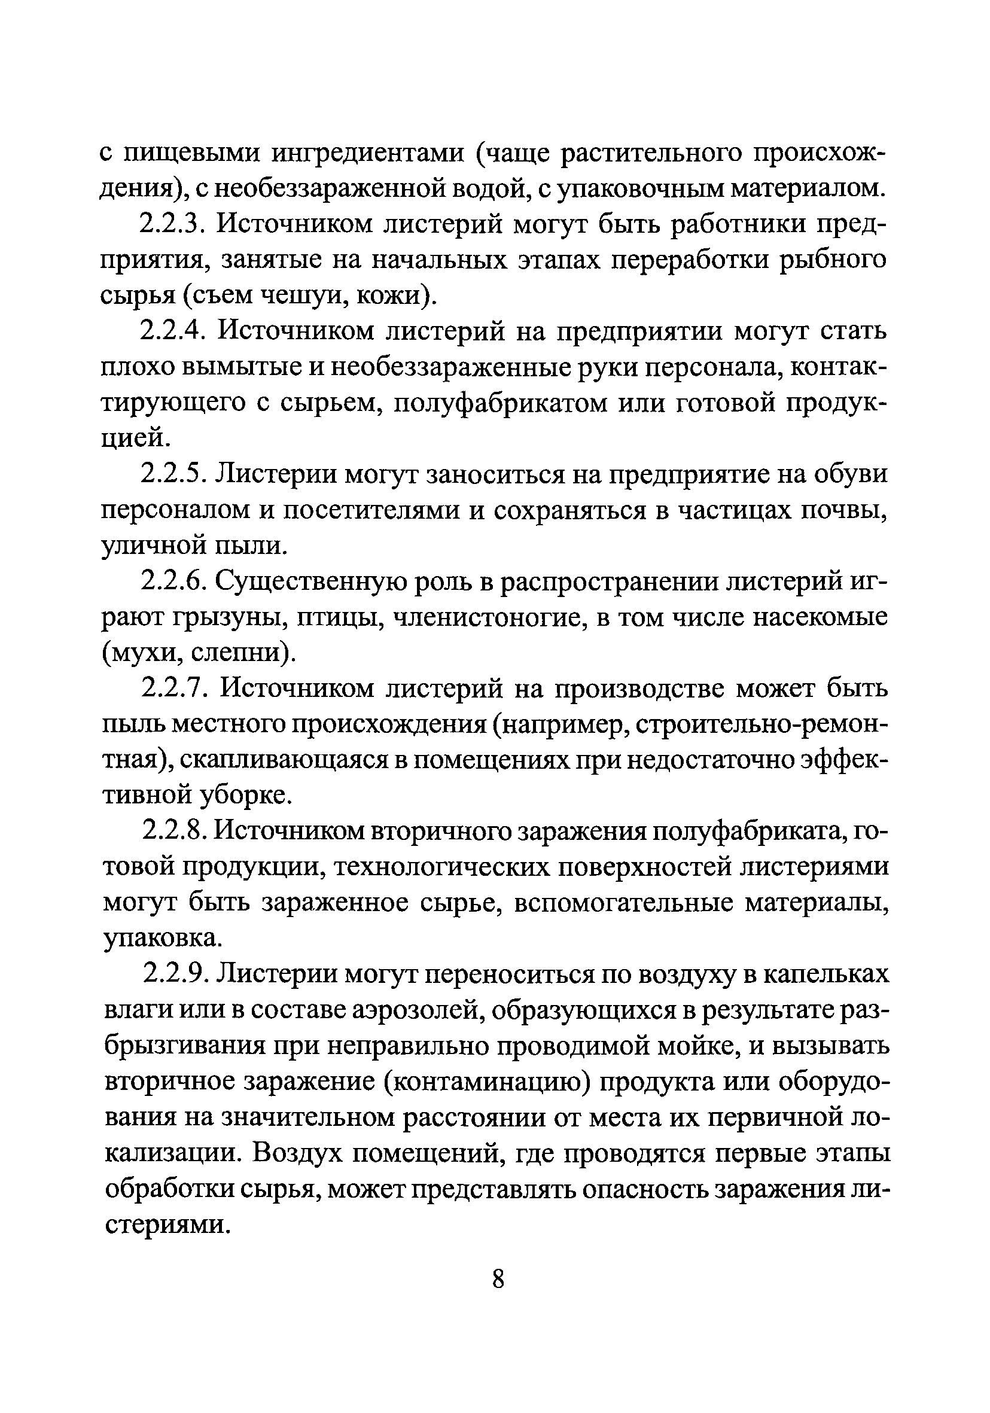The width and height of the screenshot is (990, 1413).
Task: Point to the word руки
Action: [667, 367]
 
